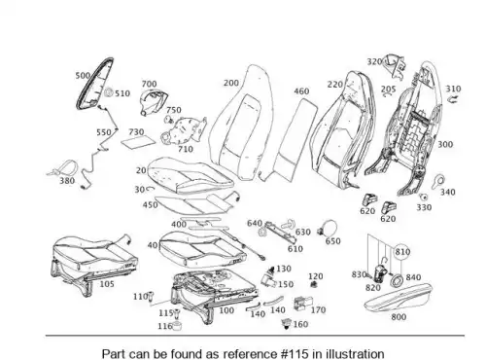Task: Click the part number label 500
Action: point(83,76)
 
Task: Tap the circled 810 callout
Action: point(402,252)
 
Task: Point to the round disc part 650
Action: point(328,227)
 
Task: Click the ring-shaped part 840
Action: point(397,280)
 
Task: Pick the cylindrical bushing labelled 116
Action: point(177,326)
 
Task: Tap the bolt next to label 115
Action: point(177,314)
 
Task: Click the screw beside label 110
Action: point(151,298)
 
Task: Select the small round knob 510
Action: point(109,93)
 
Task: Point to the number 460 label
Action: point(301,91)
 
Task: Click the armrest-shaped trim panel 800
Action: point(399,298)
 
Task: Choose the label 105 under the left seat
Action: point(107,284)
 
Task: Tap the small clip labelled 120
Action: point(313,285)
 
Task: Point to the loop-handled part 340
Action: point(438,181)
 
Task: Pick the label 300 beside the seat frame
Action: point(445,144)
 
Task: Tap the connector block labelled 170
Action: point(302,304)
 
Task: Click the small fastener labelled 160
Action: point(286,324)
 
